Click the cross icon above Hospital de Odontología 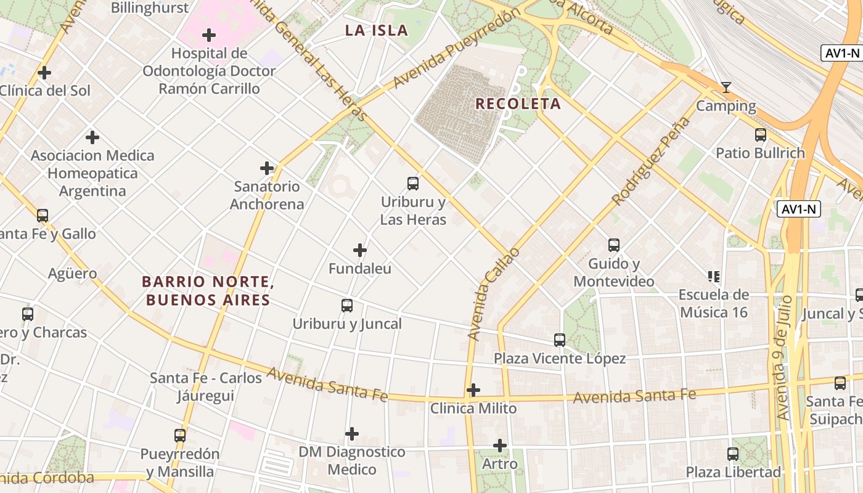(209, 35)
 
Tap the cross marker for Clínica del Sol (44, 73)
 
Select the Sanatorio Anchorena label (267, 195)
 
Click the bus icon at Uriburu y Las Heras (413, 183)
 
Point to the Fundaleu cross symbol (360, 250)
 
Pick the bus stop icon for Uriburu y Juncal (347, 306)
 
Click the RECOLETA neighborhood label (518, 104)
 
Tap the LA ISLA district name (376, 30)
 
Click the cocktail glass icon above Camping (726, 88)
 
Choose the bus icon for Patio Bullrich (761, 134)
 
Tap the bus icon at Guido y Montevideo (614, 245)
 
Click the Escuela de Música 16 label (714, 303)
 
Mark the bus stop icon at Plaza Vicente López (560, 340)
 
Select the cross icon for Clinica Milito (473, 390)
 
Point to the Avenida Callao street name (493, 295)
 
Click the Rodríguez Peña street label (650, 169)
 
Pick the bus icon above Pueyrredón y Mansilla (180, 436)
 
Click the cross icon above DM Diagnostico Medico (352, 434)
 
